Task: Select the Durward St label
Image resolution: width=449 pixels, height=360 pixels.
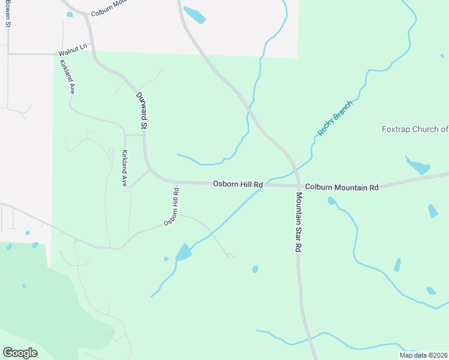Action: [142, 111]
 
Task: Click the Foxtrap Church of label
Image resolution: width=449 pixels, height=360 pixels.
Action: [415, 129]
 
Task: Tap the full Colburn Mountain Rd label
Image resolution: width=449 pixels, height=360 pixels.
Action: [342, 187]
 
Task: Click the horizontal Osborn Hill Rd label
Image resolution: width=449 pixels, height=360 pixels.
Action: [238, 185]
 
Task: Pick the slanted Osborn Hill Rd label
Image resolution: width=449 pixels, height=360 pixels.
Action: [172, 208]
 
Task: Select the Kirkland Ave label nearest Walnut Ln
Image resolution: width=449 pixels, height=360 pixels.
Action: [67, 76]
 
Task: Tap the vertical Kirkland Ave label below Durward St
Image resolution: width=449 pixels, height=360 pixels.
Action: [125, 169]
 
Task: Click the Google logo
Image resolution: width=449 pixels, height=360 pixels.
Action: [20, 353]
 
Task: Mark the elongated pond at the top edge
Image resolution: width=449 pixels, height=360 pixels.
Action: [194, 15]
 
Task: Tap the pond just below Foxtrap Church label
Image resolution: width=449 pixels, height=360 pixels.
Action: [418, 165]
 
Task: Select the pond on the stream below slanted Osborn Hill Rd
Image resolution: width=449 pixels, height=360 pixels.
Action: [184, 253]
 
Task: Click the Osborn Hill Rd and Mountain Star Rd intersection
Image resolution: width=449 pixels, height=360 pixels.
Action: [298, 185]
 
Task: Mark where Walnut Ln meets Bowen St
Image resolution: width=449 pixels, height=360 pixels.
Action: [8, 54]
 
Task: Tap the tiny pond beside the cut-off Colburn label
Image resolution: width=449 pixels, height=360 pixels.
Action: [70, 14]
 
